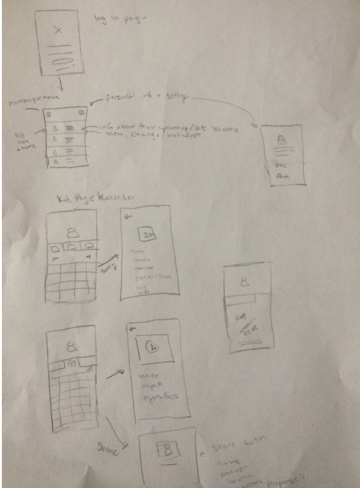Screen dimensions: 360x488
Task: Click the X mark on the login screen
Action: tap(58, 30)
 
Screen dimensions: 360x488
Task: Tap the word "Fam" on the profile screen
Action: tap(282, 177)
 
